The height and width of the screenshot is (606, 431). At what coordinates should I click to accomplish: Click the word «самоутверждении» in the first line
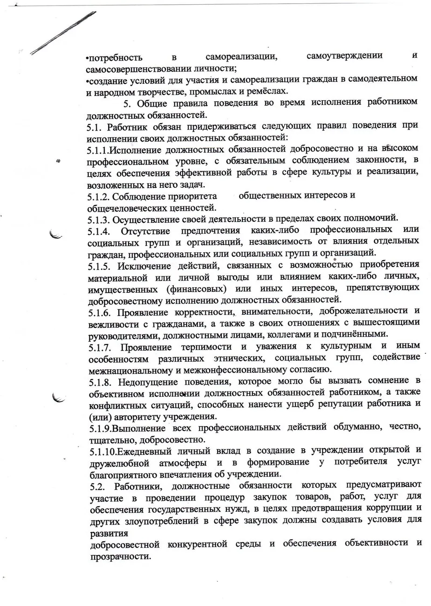tap(345, 56)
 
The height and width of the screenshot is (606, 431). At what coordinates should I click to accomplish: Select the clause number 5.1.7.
tap(99, 347)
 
